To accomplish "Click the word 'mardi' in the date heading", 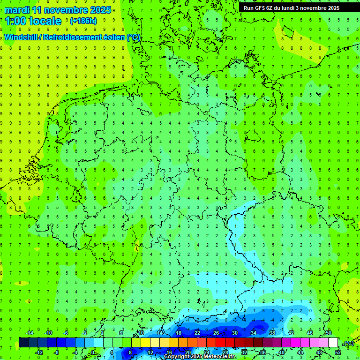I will (x=17, y=10).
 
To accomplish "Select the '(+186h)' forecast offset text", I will (x=83, y=21).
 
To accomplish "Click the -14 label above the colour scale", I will (x=29, y=333).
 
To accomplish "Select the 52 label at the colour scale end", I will (x=337, y=352).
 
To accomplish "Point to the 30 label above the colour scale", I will (x=235, y=333).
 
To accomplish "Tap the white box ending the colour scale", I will (x=333, y=343).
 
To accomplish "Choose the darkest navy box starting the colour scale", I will (x=23, y=343).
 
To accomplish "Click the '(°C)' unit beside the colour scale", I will (x=349, y=344).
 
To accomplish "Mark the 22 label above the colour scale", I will (x=197, y=333).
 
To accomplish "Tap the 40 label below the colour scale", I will (x=281, y=352).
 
